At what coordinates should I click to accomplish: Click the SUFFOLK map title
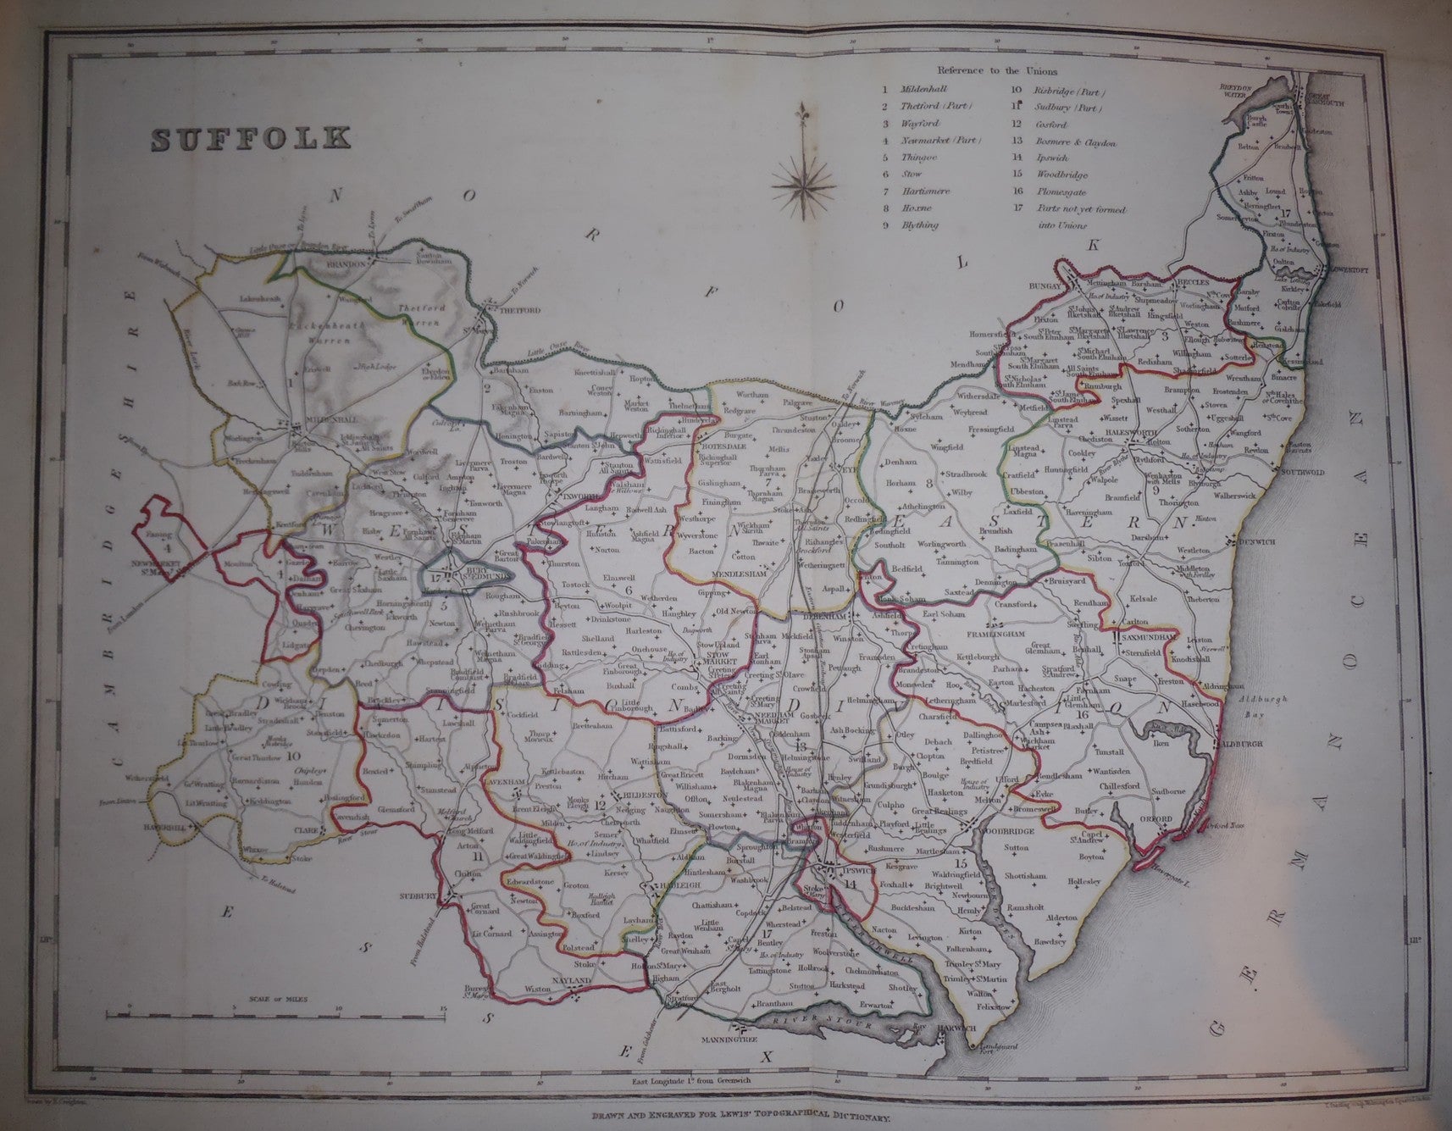click(251, 136)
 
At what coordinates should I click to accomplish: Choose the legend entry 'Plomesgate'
click(1064, 191)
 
